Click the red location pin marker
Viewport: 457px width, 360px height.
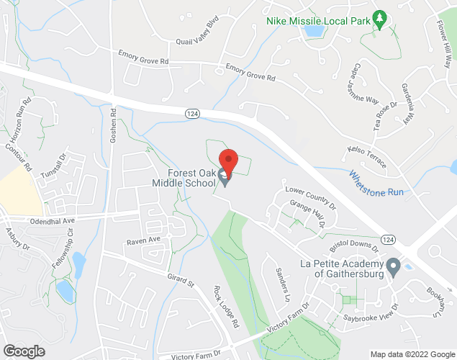click(x=228, y=160)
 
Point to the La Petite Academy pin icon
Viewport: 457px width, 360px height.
click(x=393, y=268)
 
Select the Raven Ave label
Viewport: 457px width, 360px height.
click(x=143, y=240)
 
